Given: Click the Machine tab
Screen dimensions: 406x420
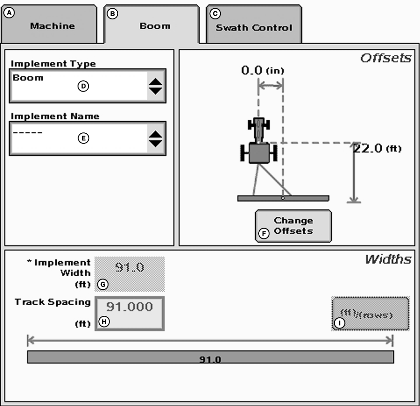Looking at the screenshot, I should click(x=52, y=26).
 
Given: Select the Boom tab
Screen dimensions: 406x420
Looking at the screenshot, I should click(x=155, y=26).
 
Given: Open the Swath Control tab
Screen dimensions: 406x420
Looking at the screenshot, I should click(x=254, y=27).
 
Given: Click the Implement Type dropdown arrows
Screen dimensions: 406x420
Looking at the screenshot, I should click(x=156, y=86).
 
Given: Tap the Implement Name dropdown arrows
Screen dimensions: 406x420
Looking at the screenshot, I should click(x=156, y=139).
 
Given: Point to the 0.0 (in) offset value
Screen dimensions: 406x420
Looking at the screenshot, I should click(x=263, y=70).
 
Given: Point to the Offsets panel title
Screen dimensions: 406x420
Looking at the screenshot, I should click(x=386, y=58).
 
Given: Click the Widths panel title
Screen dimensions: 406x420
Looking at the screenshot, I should click(x=388, y=259).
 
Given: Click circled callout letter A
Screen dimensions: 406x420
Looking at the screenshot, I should click(x=8, y=13).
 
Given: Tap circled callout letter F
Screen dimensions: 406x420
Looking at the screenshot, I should click(x=264, y=234).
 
